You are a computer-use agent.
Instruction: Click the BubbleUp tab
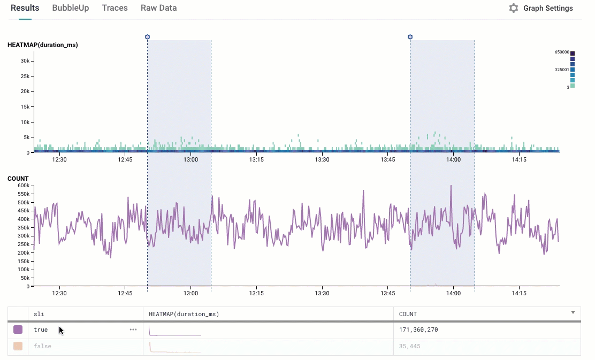(x=71, y=8)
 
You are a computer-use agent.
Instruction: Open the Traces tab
(x=115, y=8)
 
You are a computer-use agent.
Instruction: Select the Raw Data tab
(x=158, y=8)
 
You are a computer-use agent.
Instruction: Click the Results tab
(x=25, y=8)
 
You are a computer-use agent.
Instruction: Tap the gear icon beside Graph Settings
(x=514, y=9)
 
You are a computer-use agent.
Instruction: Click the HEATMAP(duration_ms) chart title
(x=43, y=45)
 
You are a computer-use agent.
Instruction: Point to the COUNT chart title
(x=18, y=179)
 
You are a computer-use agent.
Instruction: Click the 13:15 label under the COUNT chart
(x=256, y=293)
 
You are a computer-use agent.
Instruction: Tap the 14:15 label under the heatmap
(x=518, y=159)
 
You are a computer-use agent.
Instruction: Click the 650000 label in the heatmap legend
(x=562, y=52)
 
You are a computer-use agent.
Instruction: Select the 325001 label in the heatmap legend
(x=562, y=70)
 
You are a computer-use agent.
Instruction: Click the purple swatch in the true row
(x=18, y=330)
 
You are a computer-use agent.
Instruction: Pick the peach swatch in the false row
(x=18, y=346)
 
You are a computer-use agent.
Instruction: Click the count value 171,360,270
(x=418, y=330)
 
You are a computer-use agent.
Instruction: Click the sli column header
(x=39, y=314)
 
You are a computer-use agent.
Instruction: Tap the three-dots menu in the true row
(x=133, y=330)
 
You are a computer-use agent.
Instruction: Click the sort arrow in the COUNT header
(x=573, y=312)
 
